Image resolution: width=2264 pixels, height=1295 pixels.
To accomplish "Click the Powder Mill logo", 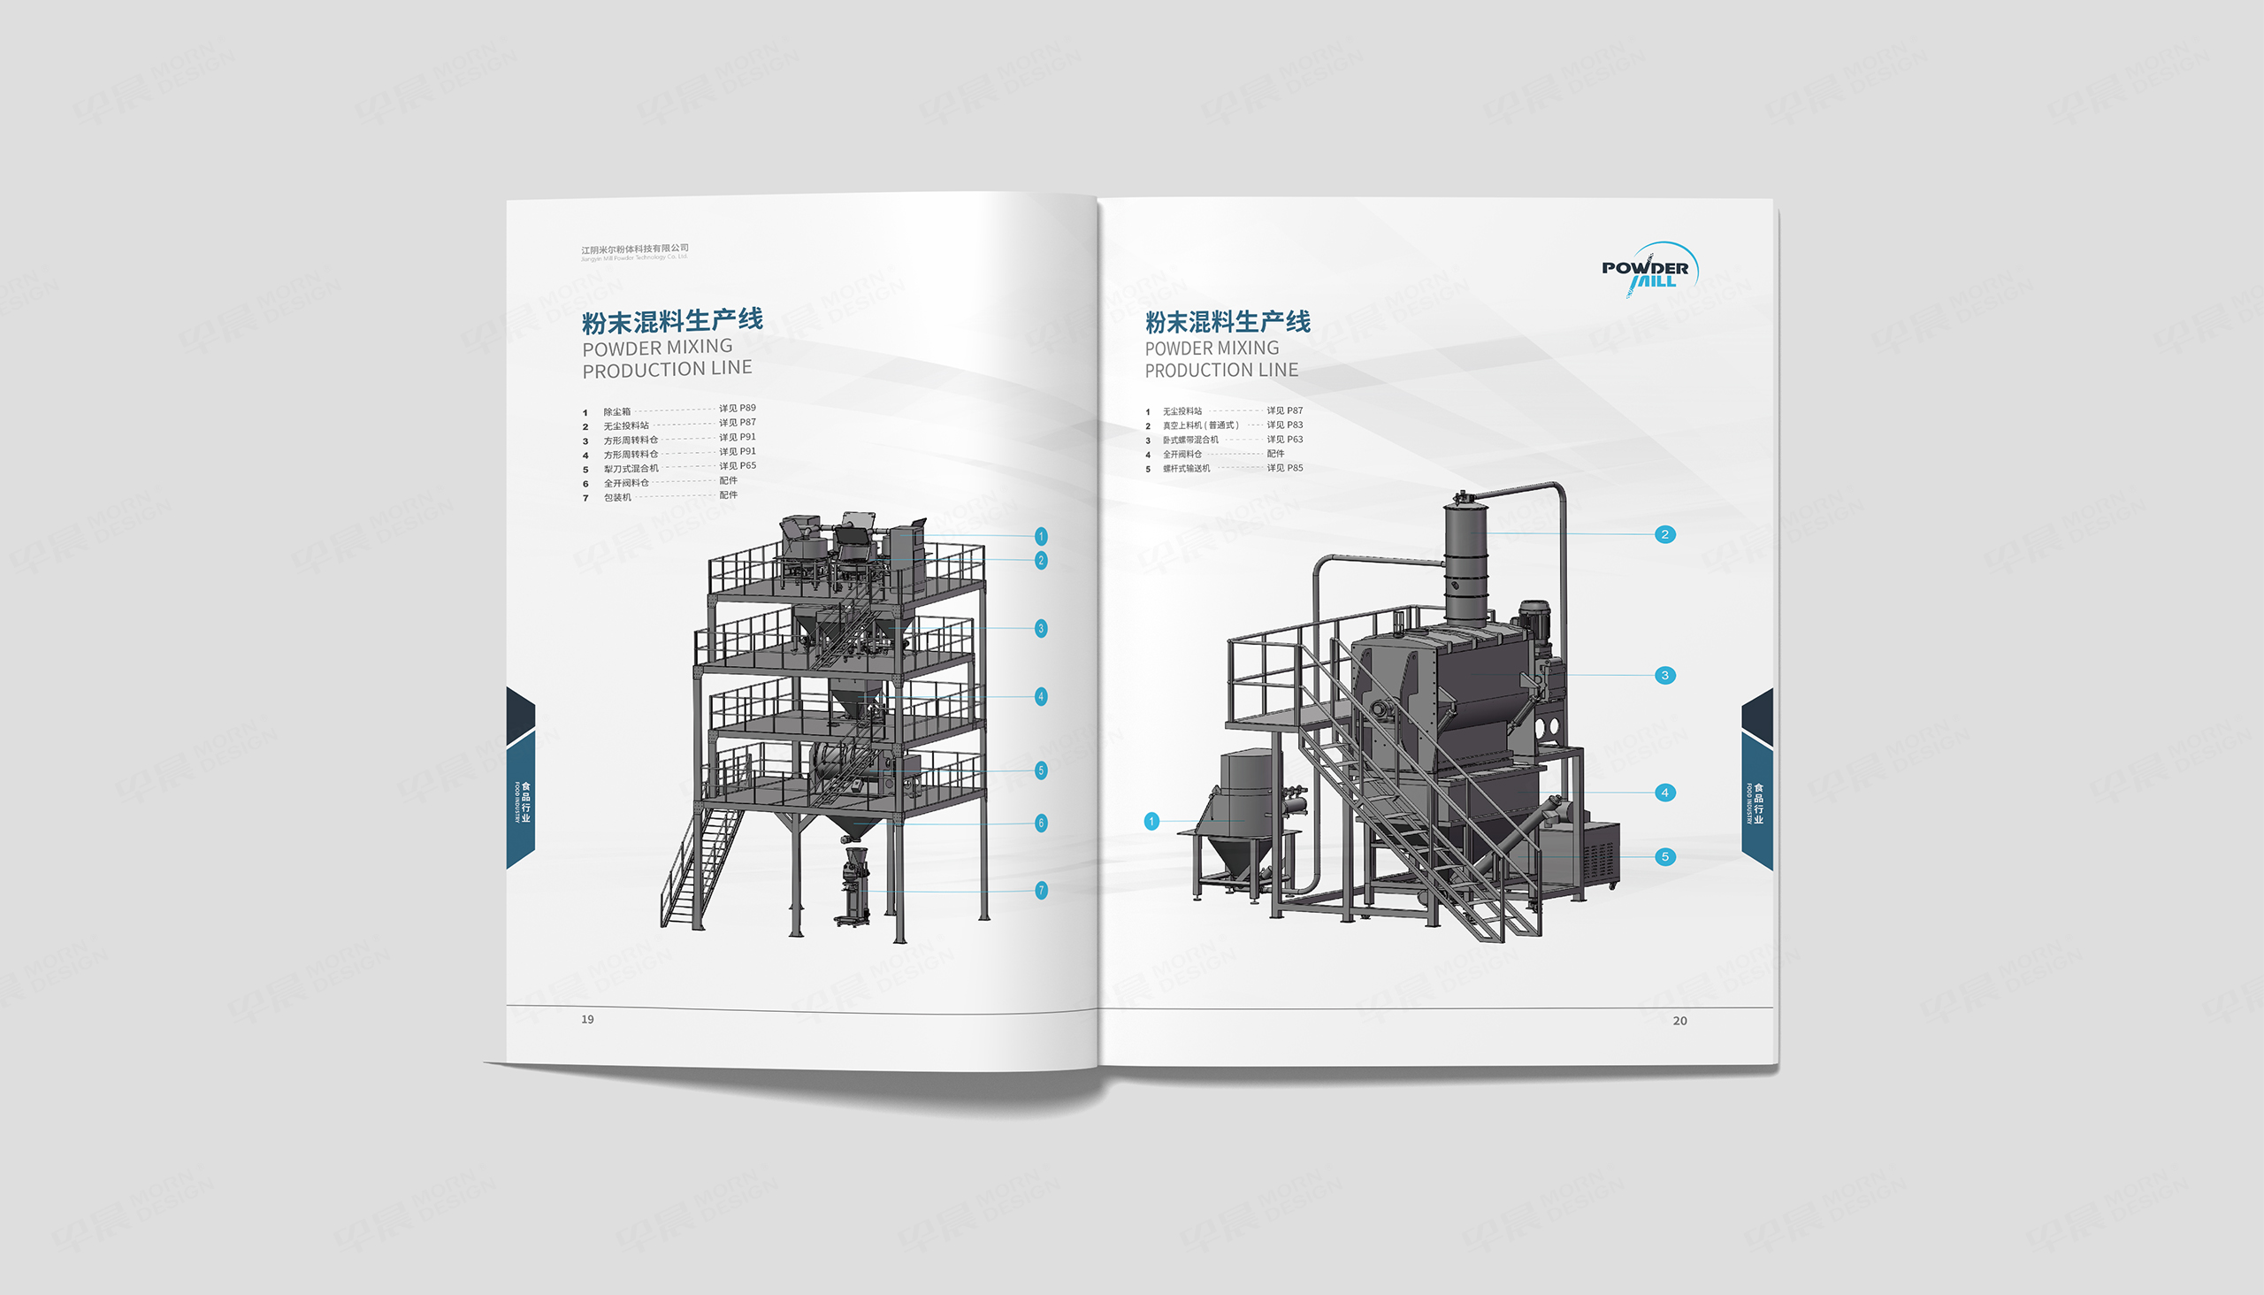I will (x=1647, y=270).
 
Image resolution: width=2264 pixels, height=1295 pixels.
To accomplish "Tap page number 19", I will (x=587, y=1019).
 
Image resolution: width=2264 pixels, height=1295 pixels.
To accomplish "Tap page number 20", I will (x=1679, y=1021).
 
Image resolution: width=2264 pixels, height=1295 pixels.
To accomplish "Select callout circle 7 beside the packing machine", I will (x=1041, y=890).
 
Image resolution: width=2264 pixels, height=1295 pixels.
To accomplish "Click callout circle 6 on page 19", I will (x=1041, y=823).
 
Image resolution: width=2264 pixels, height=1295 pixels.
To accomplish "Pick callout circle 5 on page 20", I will (x=1664, y=856).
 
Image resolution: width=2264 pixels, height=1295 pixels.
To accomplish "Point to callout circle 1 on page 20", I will (x=1151, y=821).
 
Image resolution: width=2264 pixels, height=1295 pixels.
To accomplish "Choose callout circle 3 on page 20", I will (x=1664, y=675).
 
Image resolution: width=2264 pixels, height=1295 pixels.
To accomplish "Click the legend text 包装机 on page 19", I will (x=617, y=497).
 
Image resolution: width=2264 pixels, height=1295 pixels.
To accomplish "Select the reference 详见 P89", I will (x=738, y=409).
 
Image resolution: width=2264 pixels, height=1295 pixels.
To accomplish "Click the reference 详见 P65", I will (x=738, y=466).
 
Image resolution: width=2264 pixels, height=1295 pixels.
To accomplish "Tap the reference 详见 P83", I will (x=1284, y=425).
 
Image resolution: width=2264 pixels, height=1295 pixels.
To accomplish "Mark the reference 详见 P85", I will (x=1284, y=468).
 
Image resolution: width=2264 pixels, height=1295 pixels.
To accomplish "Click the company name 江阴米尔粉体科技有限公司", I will (x=635, y=249).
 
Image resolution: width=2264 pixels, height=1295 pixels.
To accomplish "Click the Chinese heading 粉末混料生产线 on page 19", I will (x=672, y=320).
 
